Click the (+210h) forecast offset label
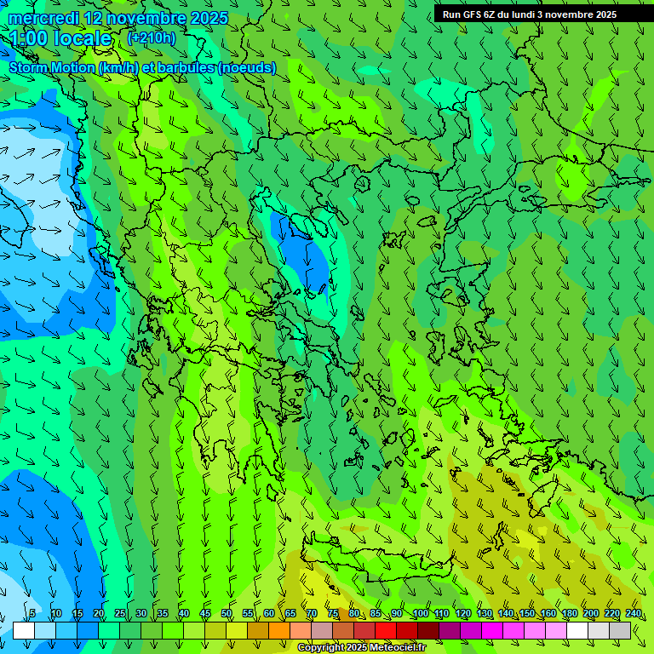pos(152,37)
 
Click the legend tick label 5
pos(32,613)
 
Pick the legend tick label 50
pos(227,613)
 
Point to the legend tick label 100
pos(420,613)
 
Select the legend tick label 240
pos(634,613)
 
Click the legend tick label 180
pos(570,613)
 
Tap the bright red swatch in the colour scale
pos(386,630)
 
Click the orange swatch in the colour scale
pos(258,630)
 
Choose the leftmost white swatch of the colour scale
pos(24,630)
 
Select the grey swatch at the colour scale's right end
pos(620,630)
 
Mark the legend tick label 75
pos(333,613)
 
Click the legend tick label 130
pos(485,613)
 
